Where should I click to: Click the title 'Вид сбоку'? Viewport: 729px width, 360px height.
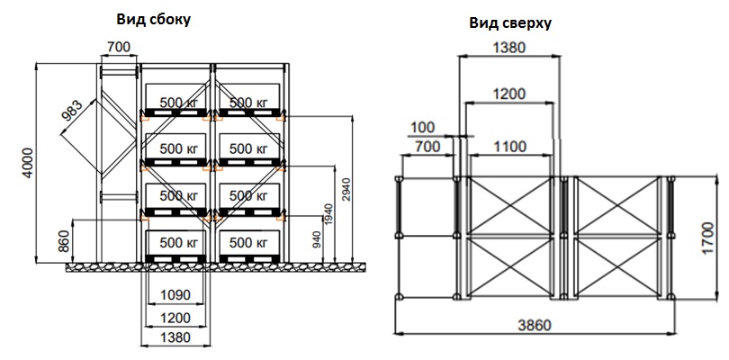153,18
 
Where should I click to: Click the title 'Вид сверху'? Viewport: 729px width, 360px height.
509,23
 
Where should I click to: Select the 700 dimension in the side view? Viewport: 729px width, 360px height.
118,48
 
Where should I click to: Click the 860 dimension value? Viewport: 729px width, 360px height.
63,241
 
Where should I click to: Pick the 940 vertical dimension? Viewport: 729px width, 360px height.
317,240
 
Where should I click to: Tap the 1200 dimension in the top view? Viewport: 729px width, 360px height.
509,94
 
